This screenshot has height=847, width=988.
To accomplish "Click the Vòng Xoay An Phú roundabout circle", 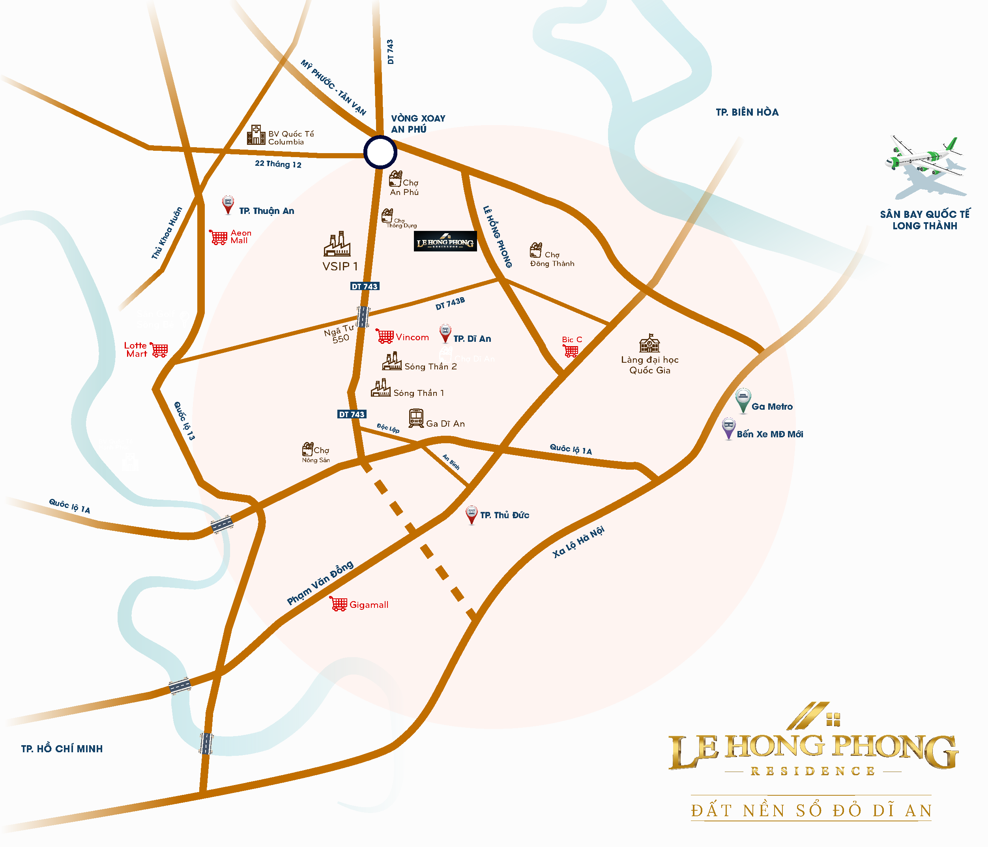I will pos(380,152).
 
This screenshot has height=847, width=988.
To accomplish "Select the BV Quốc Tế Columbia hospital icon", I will pos(256,135).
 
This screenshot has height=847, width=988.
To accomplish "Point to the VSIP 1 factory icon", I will pos(337,244).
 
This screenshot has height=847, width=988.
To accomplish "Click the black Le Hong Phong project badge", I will pos(445,241).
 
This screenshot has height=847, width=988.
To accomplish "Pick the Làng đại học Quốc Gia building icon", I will pos(649,343).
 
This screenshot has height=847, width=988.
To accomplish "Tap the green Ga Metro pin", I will pos(743,400).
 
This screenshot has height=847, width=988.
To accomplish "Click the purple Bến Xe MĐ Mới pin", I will pos(728,428).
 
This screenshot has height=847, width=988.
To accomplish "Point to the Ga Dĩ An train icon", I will pos(416,418).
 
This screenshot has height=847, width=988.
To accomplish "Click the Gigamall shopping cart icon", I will pos(338,604).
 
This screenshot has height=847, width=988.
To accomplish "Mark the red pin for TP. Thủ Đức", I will pos(471,515).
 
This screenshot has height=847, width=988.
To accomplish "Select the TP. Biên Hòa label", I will pos(747,112).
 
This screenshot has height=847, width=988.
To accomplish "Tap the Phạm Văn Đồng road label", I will pos(320,583).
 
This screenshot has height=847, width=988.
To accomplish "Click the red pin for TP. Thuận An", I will pos(228,204).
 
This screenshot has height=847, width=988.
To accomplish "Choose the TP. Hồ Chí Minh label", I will pos(62,749).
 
